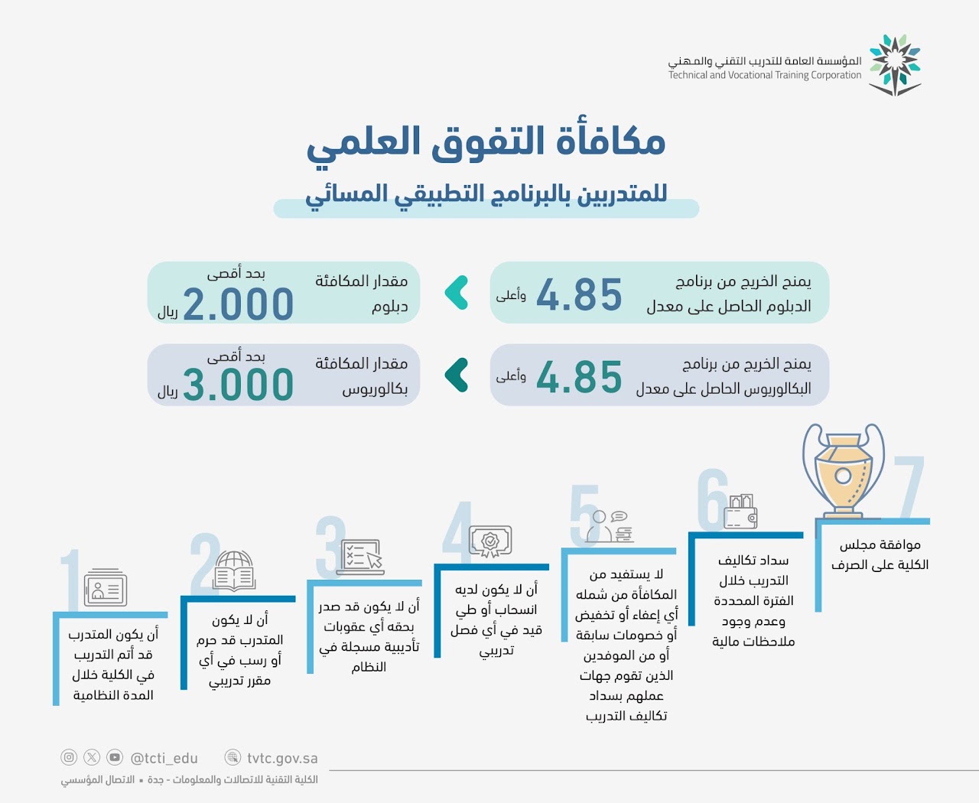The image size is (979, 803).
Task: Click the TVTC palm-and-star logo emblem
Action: (x=895, y=65)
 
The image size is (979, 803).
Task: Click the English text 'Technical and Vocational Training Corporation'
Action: (x=765, y=75)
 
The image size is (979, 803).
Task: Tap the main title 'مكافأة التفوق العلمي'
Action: (x=486, y=143)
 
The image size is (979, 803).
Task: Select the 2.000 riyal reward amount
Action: (x=238, y=304)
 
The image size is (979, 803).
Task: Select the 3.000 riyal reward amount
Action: (x=238, y=385)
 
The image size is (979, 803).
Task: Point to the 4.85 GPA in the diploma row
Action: (x=579, y=294)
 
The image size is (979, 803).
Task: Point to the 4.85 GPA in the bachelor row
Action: (x=579, y=376)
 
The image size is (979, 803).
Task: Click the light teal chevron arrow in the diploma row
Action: (x=457, y=292)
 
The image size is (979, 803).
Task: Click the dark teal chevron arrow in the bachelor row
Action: (x=457, y=375)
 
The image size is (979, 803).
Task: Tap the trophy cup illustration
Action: (x=843, y=470)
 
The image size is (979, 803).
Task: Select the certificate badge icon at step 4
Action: (x=490, y=541)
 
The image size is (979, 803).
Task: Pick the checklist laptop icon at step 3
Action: (x=360, y=557)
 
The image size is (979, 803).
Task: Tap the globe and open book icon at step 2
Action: (x=234, y=571)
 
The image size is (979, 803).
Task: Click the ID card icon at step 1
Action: (x=106, y=587)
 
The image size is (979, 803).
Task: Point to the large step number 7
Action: (x=909, y=486)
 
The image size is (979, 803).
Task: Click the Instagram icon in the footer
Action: (x=69, y=758)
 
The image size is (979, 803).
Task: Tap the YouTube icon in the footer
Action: (x=115, y=758)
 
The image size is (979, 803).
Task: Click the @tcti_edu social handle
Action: (x=164, y=759)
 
